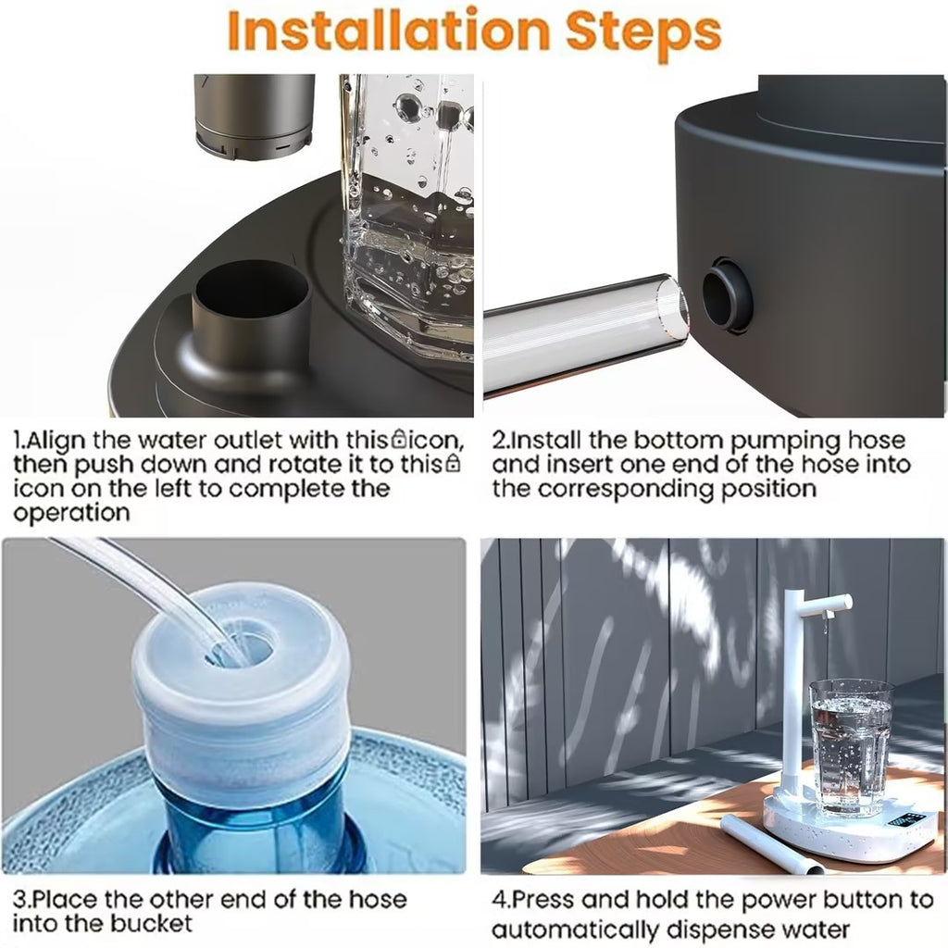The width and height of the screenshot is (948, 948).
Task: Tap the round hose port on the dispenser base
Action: (726, 295)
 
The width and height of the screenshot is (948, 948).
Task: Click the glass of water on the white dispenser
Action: (851, 745)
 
